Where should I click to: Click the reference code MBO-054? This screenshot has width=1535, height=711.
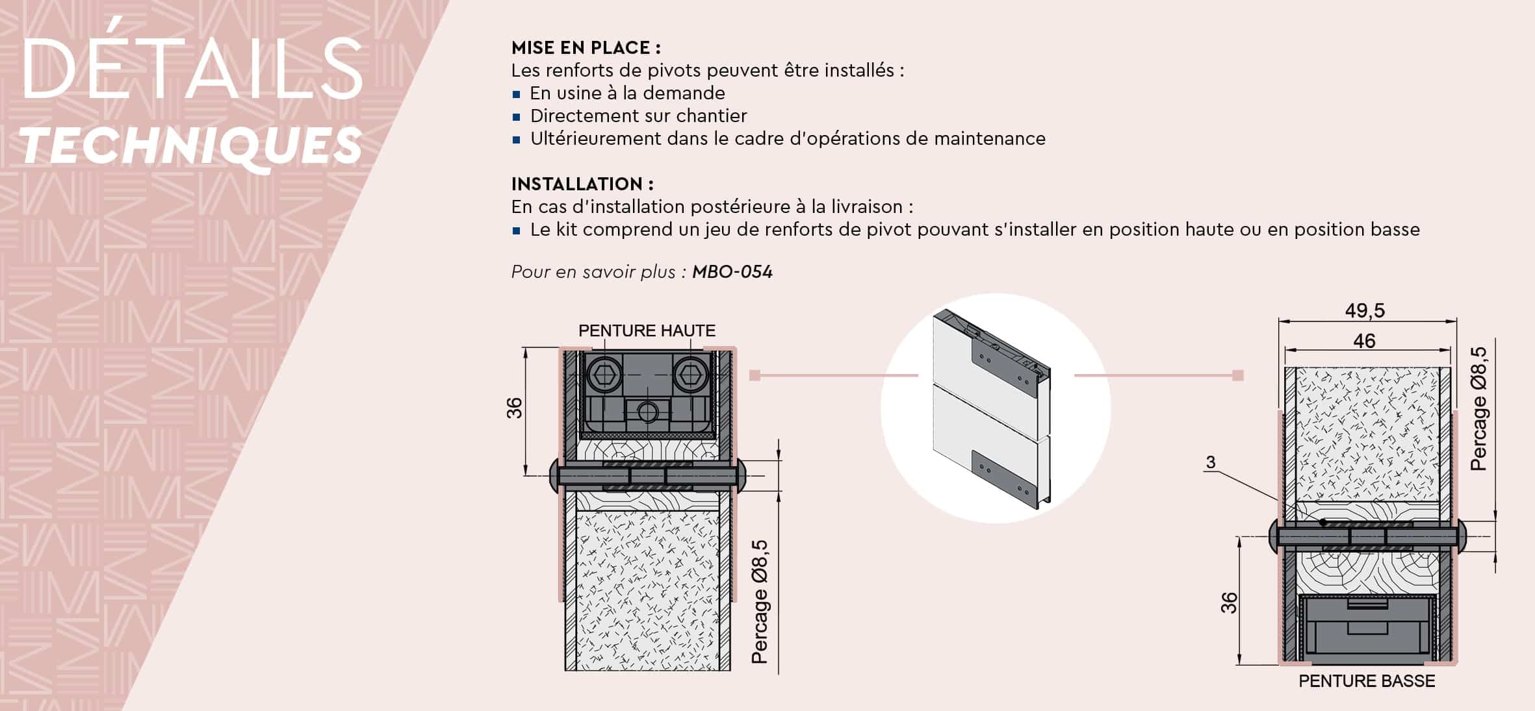[x=732, y=272]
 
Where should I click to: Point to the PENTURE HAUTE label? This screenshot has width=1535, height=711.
[x=647, y=331]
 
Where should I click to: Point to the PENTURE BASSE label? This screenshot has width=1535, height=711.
[x=1367, y=681]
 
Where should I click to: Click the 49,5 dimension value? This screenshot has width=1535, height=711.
[x=1365, y=310]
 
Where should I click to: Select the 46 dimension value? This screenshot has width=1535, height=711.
[x=1364, y=341]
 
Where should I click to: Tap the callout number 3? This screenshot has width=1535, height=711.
[x=1210, y=462]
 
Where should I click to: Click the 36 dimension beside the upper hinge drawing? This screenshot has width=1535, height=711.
[x=514, y=408]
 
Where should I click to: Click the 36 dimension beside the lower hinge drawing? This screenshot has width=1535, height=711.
[x=1229, y=603]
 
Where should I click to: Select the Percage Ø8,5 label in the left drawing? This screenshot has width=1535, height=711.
[x=760, y=602]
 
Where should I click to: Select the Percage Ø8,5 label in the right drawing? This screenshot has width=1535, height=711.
[x=1479, y=408]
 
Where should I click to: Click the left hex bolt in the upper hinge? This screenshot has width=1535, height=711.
[x=604, y=375]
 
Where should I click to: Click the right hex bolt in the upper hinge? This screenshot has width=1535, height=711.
[x=690, y=375]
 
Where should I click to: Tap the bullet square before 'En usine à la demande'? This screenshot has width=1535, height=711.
[x=517, y=94]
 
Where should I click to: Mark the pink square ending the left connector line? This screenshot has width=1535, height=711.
[x=755, y=375]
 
